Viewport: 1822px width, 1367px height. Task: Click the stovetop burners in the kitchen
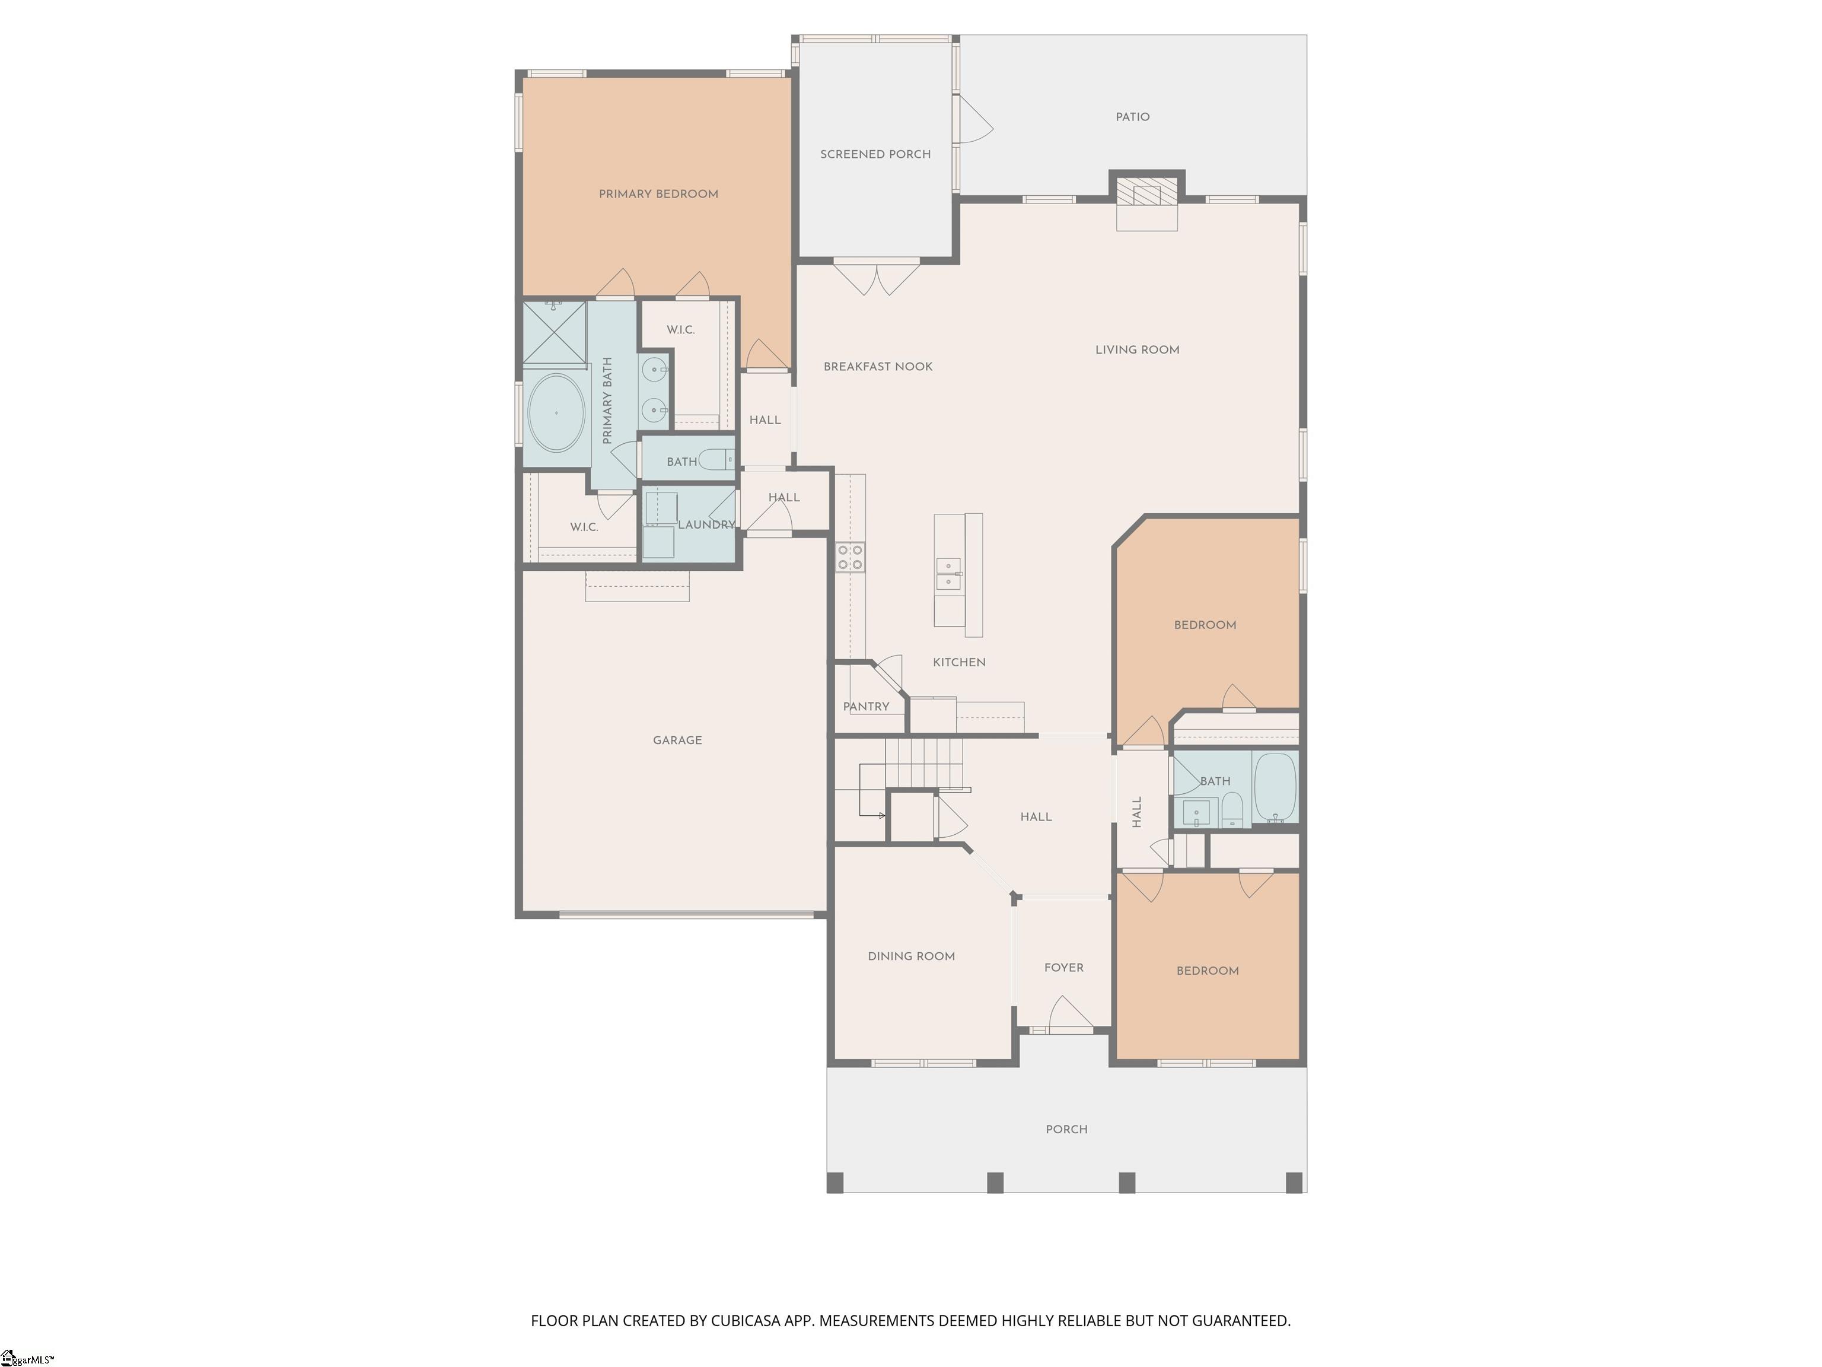(850, 557)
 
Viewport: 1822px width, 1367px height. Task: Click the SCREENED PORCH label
(875, 155)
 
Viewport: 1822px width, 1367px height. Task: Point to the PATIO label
(1132, 117)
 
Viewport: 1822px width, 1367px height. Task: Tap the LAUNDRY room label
(706, 525)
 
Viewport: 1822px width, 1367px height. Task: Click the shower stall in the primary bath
(555, 333)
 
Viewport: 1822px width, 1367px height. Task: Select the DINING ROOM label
(911, 956)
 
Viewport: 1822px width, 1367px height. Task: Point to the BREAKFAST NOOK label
(878, 367)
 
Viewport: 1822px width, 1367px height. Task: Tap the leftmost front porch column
(835, 1182)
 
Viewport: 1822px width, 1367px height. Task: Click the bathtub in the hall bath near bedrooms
(1274, 787)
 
